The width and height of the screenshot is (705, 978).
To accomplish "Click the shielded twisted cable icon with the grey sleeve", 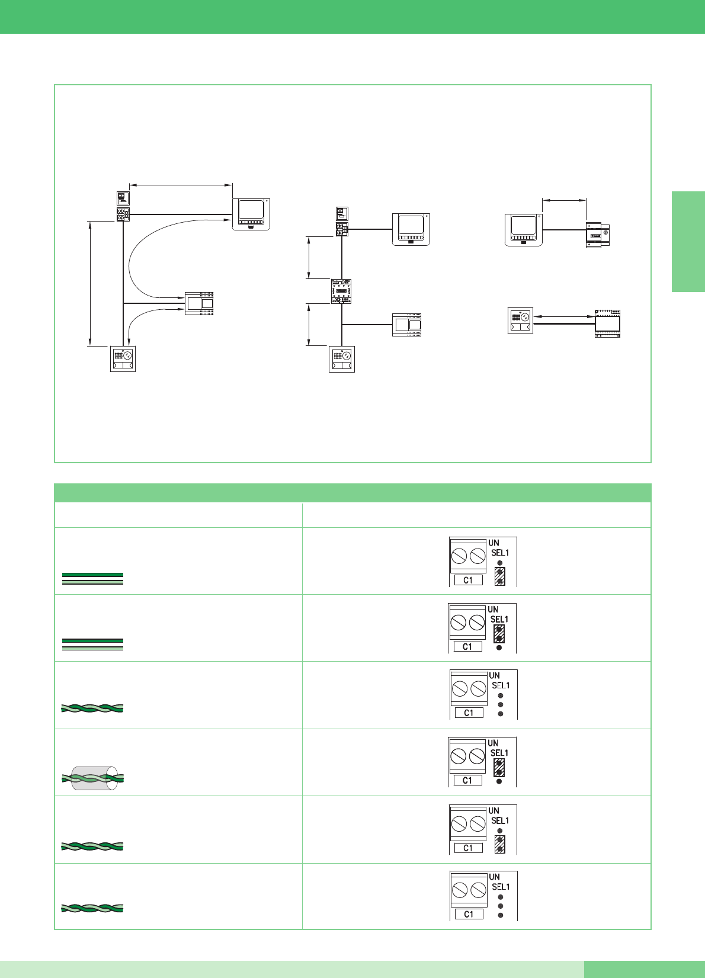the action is coord(92,778).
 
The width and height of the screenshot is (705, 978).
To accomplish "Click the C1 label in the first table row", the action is coord(468,581).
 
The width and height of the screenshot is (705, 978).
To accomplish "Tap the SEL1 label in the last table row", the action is coord(500,887).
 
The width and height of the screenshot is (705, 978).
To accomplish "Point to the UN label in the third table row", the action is coord(494,675).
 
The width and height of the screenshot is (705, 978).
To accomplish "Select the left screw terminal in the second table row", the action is coord(458,623).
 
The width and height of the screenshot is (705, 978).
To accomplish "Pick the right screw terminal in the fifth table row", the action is coord(478,824).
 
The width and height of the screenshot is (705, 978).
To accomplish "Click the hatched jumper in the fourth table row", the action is coord(499,768).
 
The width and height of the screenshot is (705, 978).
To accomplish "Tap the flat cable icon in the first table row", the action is coord(92,579).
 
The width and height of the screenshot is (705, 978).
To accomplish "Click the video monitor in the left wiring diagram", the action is coord(251,214).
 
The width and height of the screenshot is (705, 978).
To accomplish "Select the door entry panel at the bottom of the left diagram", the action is coord(123,359).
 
